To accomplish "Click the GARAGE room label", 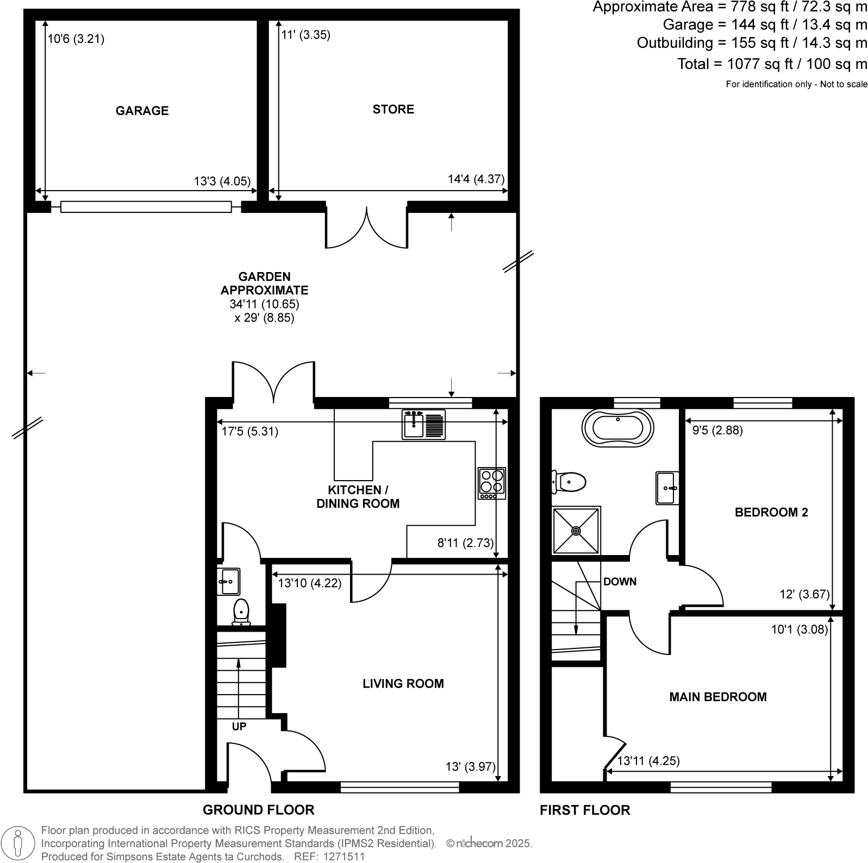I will [142, 111].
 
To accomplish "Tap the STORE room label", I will [393, 109].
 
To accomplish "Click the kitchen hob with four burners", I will [492, 483].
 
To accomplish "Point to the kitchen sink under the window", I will [423, 424].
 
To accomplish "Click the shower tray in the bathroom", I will [576, 530].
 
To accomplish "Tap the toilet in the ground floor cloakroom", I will [241, 612].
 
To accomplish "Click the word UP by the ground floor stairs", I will [239, 726].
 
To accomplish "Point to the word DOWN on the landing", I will [620, 582].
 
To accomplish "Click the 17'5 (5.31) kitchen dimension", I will [250, 432].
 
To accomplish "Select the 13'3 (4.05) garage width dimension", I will [222, 181].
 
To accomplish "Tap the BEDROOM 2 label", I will [771, 512].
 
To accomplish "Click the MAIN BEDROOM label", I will [717, 697].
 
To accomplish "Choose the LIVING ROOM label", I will [403, 684].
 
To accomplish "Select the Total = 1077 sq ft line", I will [772, 64].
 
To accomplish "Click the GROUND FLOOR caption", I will [258, 810].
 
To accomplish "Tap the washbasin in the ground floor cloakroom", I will [229, 581].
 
